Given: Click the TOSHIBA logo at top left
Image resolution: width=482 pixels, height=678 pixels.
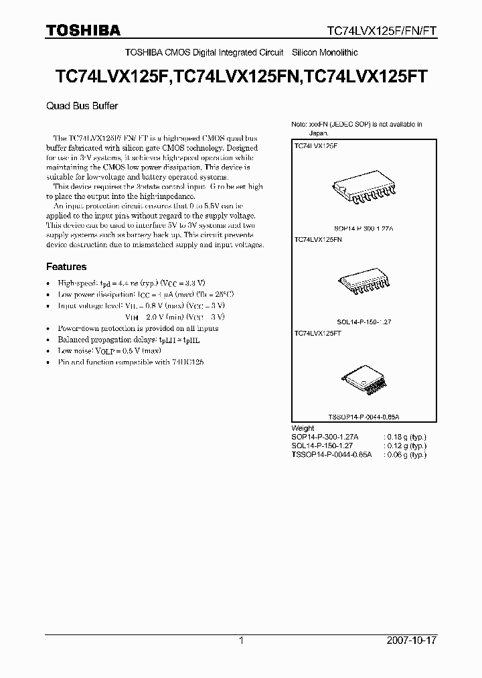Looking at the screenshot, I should [83, 30].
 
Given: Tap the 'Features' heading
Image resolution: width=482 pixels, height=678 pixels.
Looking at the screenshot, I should [66, 267].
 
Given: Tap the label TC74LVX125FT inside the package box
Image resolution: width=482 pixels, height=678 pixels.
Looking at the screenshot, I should [317, 332].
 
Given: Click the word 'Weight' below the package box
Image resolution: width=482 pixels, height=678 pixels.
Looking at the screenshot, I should [303, 427].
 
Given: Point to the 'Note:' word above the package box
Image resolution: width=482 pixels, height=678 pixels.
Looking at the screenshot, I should [298, 125].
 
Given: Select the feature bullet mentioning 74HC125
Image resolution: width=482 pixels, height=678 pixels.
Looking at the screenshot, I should [131, 361].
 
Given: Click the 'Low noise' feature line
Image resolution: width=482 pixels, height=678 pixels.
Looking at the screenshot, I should [110, 350].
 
